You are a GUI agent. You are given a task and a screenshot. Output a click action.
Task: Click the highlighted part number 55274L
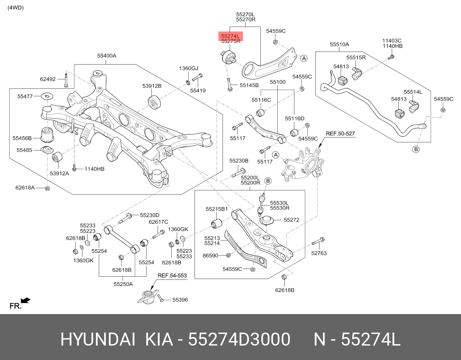click(231, 36)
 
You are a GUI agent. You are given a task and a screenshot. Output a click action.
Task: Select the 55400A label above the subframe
click(107, 56)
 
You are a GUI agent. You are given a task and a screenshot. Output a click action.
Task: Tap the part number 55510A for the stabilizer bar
click(339, 44)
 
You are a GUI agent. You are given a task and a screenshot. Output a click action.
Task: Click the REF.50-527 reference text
click(340, 133)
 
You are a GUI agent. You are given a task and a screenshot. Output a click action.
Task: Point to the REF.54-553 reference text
click(172, 276)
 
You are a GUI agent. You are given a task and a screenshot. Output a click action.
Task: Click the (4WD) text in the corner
click(15, 7)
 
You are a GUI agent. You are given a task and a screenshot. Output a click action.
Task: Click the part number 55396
click(180, 300)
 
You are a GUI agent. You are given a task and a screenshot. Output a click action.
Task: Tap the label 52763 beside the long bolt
click(319, 253)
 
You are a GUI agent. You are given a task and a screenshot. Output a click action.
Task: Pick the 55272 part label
click(291, 220)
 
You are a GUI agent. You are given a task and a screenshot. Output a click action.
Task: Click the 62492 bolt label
click(48, 79)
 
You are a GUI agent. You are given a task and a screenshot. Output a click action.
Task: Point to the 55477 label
click(25, 96)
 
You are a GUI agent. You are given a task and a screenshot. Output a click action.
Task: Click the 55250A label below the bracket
click(123, 284)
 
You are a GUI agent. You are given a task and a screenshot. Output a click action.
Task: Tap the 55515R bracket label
click(356, 57)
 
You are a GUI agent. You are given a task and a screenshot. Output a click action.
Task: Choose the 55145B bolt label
click(249, 85)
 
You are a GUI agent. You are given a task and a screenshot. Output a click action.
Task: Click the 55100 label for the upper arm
click(277, 82)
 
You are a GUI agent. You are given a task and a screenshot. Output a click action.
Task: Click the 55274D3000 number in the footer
click(239, 340)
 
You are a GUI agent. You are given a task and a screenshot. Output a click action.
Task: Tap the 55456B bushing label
click(22, 138)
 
